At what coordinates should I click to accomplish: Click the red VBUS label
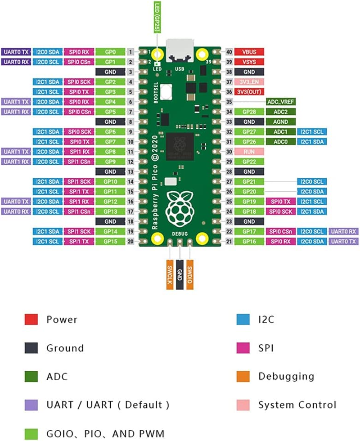coord(249,52)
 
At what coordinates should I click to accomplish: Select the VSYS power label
coord(249,62)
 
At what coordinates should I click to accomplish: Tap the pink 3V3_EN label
coord(249,81)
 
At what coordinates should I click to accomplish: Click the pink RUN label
coord(249,152)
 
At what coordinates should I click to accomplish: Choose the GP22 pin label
coord(249,162)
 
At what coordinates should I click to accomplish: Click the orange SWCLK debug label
coord(170,274)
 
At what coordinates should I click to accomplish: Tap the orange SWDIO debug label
coord(190,274)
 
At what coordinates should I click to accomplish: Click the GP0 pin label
coord(111,52)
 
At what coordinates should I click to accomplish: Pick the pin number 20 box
coord(131,242)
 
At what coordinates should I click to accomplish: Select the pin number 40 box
coord(229,52)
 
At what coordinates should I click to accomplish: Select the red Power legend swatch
coord(30,319)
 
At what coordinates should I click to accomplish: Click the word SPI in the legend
coord(267,348)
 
